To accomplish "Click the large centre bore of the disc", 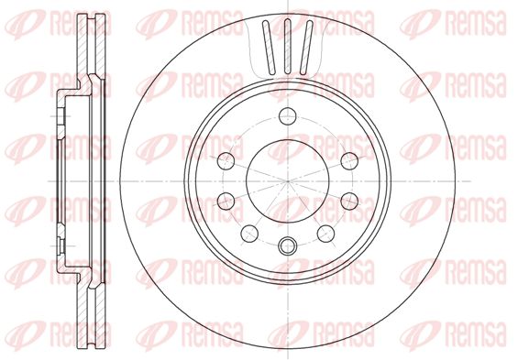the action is click(288, 181).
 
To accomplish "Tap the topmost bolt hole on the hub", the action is click(287, 116).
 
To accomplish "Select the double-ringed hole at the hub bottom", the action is click(287, 245).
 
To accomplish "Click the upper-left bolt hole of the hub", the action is click(226, 161).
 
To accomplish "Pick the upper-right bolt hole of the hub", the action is click(349, 161).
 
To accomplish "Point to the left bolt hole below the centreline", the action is click(226, 201).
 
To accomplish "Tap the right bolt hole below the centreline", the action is click(349, 201).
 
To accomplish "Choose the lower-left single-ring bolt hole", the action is click(249, 234).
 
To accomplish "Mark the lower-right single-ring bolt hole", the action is click(325, 234).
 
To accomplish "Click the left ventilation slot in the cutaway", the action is click(269, 48).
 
